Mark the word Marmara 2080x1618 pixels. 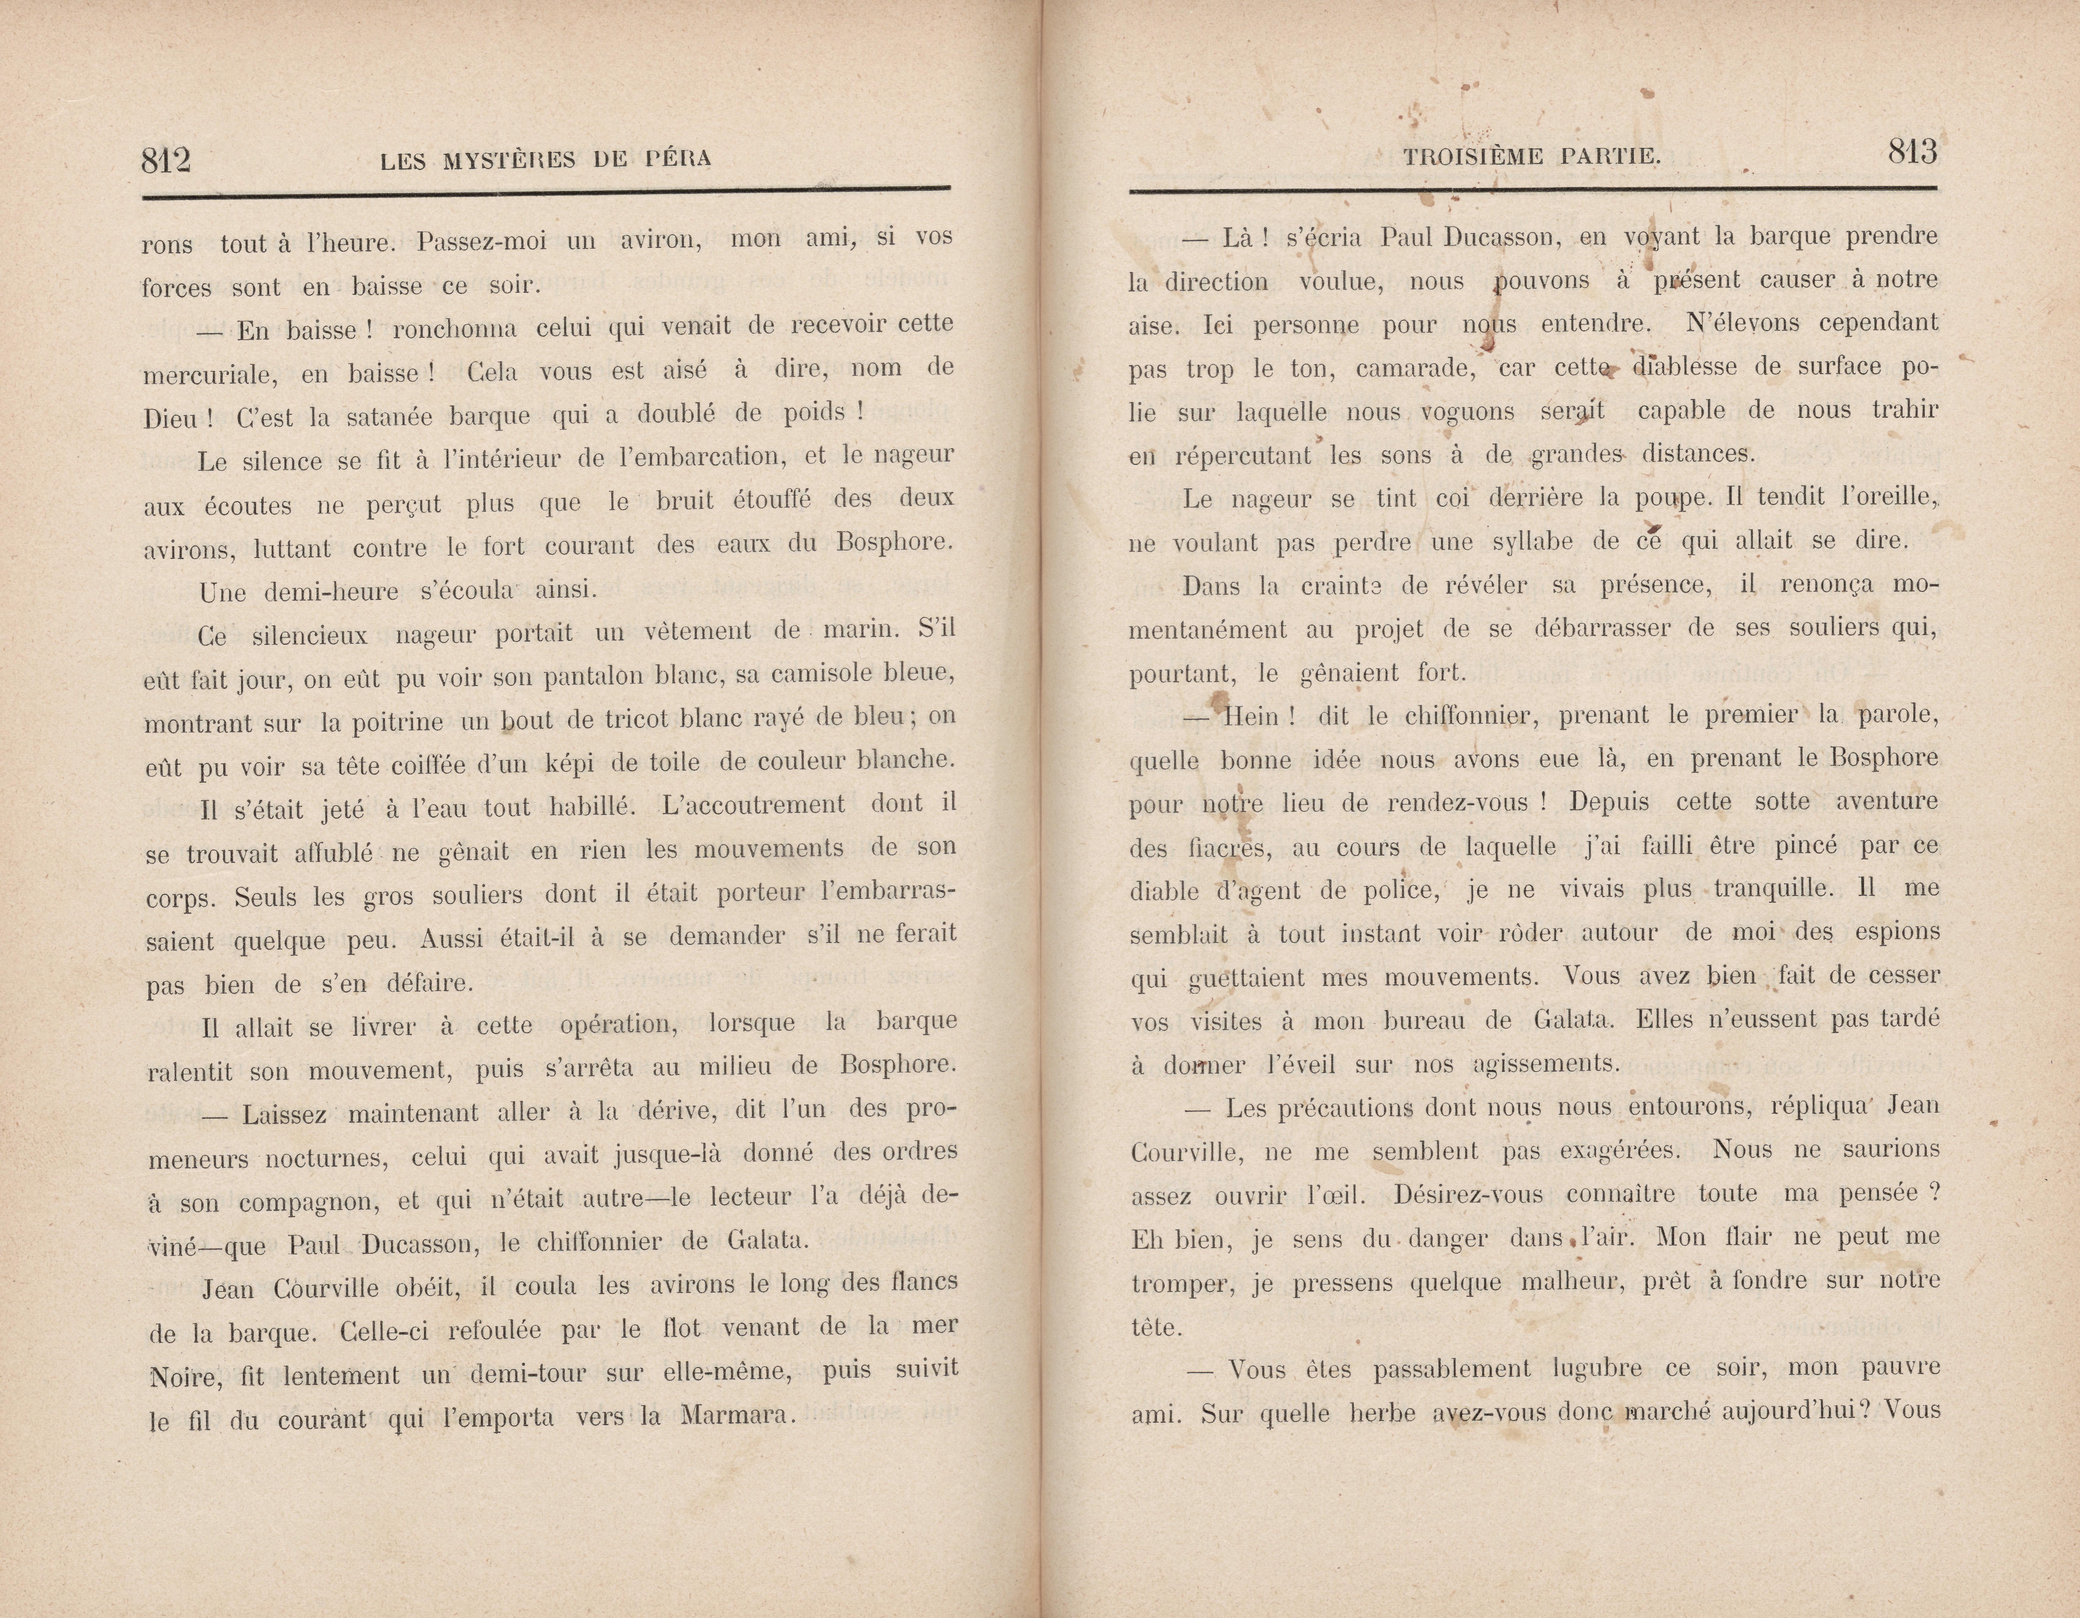(736, 1416)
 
